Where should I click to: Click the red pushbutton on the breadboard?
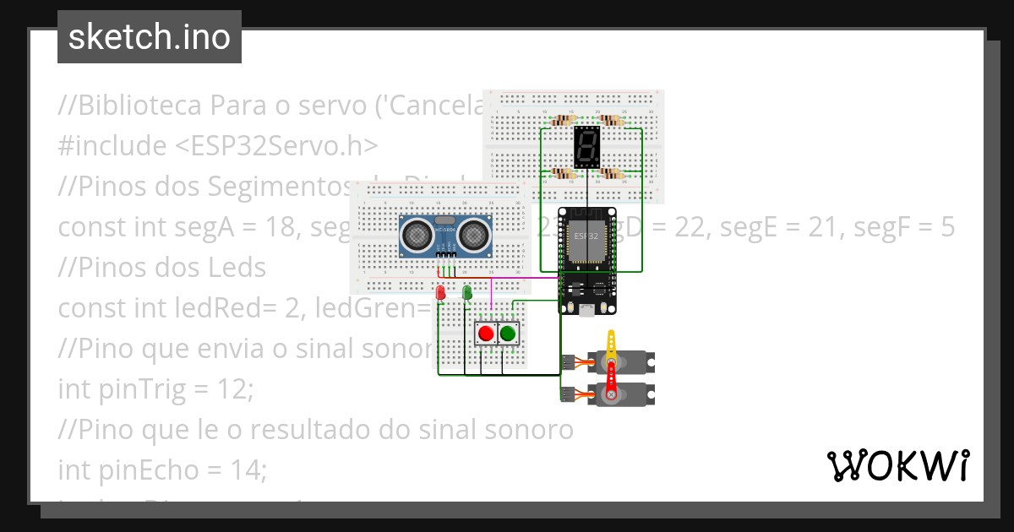(x=486, y=334)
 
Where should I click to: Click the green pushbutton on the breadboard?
(x=508, y=334)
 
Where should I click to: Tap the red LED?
(x=440, y=293)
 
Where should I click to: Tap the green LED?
(x=466, y=292)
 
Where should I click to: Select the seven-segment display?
(x=586, y=147)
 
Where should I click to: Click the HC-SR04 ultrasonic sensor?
(x=445, y=236)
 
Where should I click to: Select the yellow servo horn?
(x=611, y=347)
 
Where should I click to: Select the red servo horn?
(x=610, y=377)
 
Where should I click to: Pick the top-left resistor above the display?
(x=564, y=122)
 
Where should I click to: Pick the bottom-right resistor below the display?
(x=610, y=173)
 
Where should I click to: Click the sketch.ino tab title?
(x=149, y=37)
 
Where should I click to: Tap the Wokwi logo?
(x=897, y=465)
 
